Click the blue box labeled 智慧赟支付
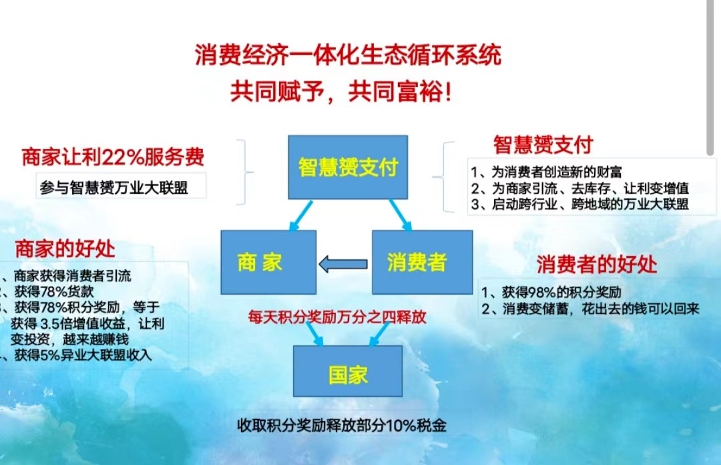tap(347, 167)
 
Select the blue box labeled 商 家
tap(268, 262)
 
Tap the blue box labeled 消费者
tap(422, 262)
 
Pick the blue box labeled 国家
tap(348, 371)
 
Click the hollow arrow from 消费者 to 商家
tap(343, 265)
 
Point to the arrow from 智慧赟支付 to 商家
tap(296, 214)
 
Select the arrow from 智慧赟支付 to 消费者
tap(400, 214)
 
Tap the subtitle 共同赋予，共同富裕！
tap(341, 92)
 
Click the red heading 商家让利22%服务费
tap(113, 158)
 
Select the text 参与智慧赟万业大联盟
tap(113, 187)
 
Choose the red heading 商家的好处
tap(65, 249)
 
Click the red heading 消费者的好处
tap(597, 264)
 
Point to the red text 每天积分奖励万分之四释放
tap(336, 316)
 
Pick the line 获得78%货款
tap(53, 291)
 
